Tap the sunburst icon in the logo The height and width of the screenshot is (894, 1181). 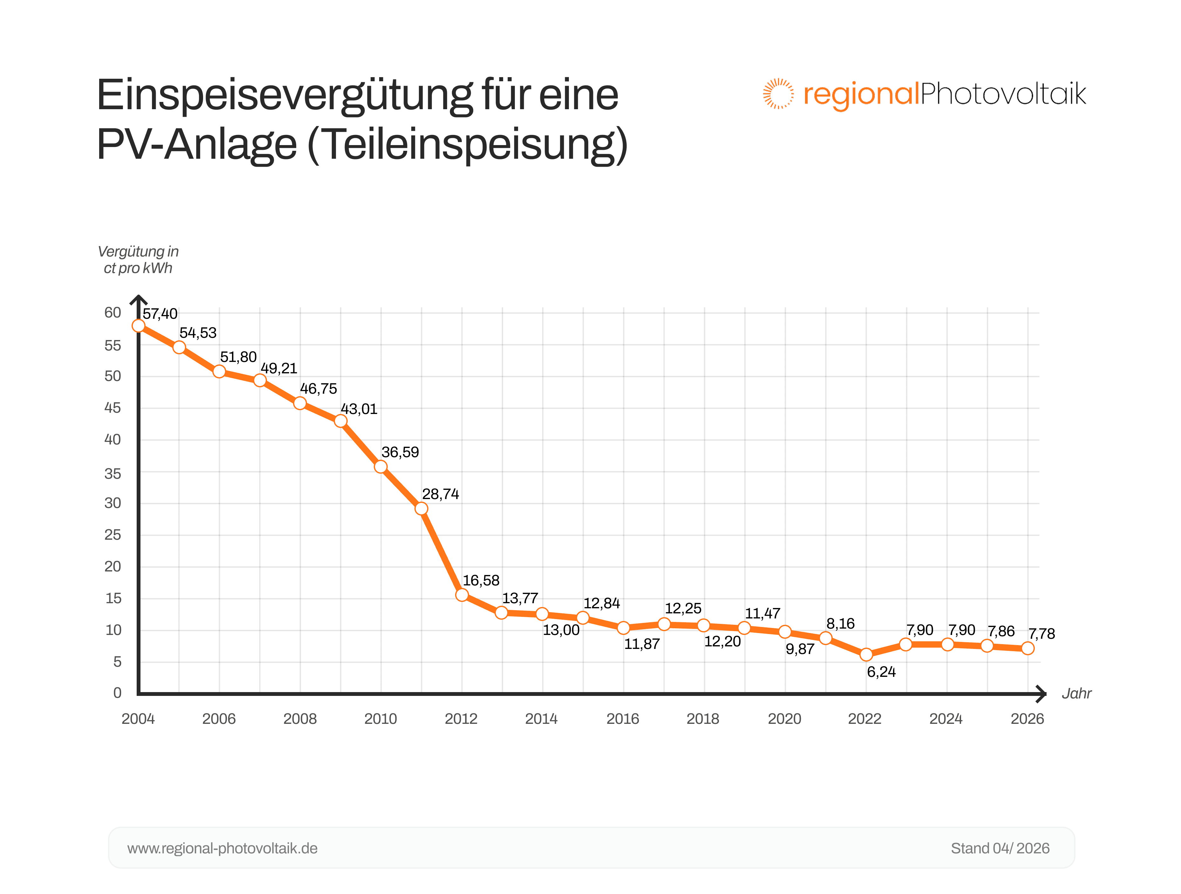coord(777,94)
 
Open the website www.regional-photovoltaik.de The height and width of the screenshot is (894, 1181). coord(222,848)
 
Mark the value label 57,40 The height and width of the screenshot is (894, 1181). coord(160,314)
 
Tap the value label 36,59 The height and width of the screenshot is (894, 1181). coord(400,452)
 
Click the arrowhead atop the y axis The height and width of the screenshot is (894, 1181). coord(138,299)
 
